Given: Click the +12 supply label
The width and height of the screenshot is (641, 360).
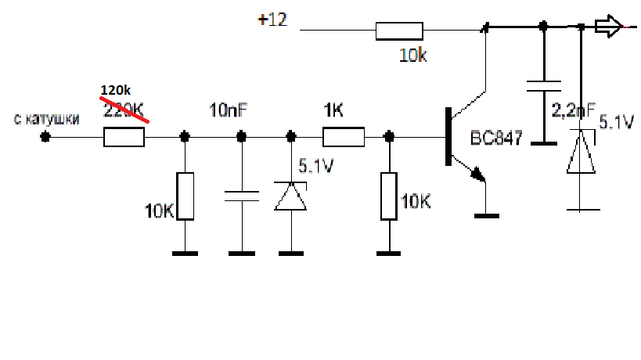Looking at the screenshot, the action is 272,20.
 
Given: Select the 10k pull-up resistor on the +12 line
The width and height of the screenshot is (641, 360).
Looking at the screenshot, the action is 399,31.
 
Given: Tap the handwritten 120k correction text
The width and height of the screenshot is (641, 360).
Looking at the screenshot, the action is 116,90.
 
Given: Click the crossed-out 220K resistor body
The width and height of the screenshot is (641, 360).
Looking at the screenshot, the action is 124,137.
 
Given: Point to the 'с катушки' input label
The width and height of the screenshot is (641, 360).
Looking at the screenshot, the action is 47,119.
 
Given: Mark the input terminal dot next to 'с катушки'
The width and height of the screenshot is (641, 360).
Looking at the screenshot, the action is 45,137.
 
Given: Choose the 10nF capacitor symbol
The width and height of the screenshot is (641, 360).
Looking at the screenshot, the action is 242,196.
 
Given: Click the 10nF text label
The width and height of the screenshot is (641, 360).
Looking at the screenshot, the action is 229,110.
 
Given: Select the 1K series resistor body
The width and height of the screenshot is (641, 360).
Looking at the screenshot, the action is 344,137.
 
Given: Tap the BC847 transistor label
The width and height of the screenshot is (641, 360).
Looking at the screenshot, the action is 496,138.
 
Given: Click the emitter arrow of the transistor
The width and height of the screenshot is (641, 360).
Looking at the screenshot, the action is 478,175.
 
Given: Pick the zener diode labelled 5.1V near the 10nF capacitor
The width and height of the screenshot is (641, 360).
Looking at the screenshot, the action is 290,196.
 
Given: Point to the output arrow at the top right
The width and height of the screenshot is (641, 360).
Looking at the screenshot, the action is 608,26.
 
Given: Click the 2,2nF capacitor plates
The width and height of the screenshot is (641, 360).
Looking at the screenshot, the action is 544,86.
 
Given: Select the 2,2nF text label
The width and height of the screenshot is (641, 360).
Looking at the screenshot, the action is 574,110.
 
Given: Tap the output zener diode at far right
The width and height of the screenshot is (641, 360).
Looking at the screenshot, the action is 581,151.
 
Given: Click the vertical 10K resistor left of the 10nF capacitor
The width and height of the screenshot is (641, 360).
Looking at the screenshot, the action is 185,196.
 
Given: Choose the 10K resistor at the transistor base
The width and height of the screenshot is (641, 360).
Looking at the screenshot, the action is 389,196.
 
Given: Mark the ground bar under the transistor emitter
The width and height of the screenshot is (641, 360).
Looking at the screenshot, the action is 487,216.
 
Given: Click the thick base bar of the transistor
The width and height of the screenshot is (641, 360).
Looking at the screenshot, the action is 448,136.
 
